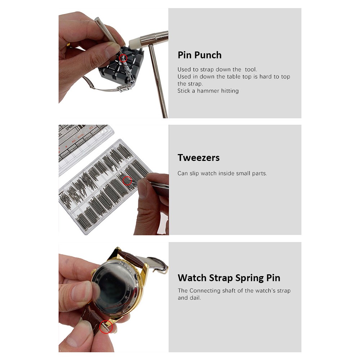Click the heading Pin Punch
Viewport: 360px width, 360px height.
tap(199, 55)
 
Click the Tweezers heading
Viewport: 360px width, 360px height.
tap(198, 158)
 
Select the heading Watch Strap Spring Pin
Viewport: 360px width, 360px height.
tap(229, 278)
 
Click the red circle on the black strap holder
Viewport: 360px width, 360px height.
tap(123, 58)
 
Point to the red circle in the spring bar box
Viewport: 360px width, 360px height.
tap(127, 181)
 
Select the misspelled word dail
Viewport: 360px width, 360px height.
tap(194, 298)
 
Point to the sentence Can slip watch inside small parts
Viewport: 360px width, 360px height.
tap(222, 174)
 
